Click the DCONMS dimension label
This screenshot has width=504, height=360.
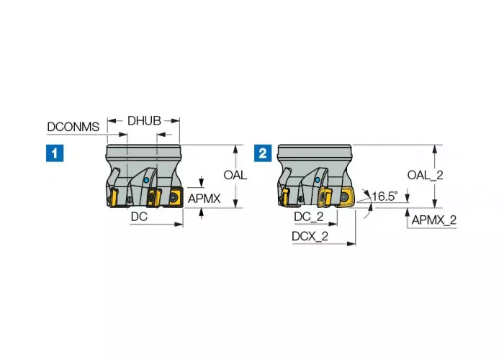[73, 127]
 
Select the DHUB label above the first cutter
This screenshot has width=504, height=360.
[144, 121]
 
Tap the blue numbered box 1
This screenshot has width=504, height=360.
[54, 153]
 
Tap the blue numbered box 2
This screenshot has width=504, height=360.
[264, 153]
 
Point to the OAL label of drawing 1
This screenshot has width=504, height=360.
[235, 175]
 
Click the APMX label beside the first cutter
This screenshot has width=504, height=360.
[204, 198]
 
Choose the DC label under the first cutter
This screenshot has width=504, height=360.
[140, 215]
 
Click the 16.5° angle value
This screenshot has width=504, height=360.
[384, 196]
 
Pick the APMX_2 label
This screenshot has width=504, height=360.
[433, 220]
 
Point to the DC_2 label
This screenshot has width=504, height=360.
[308, 217]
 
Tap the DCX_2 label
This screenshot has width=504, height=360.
[310, 235]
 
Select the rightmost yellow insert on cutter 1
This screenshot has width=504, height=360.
[175, 196]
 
